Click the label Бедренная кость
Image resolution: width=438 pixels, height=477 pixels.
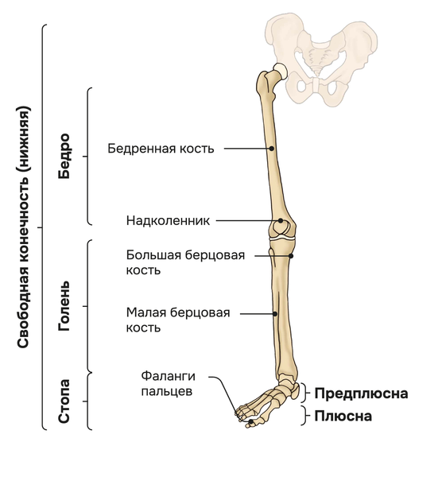pos(161,149)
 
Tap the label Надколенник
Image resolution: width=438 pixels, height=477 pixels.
pos(168,220)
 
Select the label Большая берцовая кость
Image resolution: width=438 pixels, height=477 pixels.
pos(185,262)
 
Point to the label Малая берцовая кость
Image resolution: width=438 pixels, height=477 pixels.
pos(178,320)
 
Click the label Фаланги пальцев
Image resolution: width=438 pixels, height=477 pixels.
pos(168,384)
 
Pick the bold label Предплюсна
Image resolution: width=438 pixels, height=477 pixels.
pos(361,394)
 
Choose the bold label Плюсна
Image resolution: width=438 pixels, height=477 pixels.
pos(343,416)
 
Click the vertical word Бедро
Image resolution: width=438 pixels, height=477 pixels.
pos(64,156)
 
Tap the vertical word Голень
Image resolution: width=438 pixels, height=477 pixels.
pos(64,306)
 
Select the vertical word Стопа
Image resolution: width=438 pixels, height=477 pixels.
pos(64,401)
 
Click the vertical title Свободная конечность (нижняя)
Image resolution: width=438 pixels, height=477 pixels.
pos(24,227)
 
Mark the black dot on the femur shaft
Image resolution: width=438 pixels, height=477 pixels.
pos(272,149)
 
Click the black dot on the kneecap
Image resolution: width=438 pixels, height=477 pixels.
pos(281,220)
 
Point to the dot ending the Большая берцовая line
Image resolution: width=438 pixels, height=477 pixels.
pos(291,256)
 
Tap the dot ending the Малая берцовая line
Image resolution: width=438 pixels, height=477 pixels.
pos(275,314)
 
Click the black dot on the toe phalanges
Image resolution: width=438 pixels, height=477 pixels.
pos(251,421)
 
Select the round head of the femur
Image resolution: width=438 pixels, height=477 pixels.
pos(280,71)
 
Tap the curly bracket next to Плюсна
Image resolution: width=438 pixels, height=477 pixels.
pos(304,415)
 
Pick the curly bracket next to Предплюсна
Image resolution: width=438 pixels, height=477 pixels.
pos(304,393)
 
